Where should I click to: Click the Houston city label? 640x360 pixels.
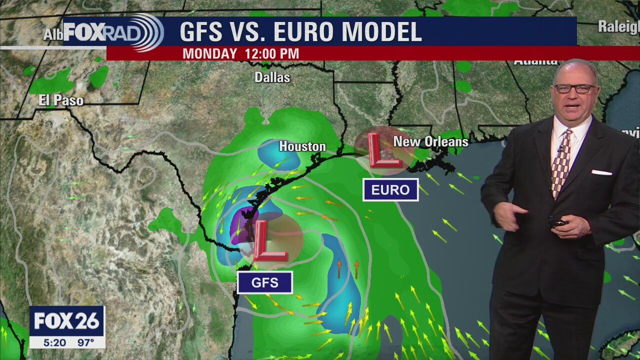click(x=302, y=146)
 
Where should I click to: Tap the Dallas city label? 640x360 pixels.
click(x=272, y=77)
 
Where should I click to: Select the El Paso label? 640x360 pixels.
click(x=61, y=100)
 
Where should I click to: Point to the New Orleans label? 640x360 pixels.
click(x=430, y=142)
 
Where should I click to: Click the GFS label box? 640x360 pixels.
click(x=265, y=283)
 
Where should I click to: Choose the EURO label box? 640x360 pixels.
click(x=390, y=190)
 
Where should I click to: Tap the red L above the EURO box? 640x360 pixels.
click(x=383, y=150)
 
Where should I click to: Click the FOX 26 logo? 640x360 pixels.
click(x=67, y=321)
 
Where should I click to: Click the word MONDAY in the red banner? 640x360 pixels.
click(x=209, y=54)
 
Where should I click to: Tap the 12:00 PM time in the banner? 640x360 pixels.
click(x=272, y=54)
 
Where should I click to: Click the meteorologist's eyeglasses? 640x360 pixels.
click(x=575, y=88)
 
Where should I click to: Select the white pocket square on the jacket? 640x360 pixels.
click(x=601, y=172)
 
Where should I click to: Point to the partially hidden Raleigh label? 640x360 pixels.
click(x=618, y=27)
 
